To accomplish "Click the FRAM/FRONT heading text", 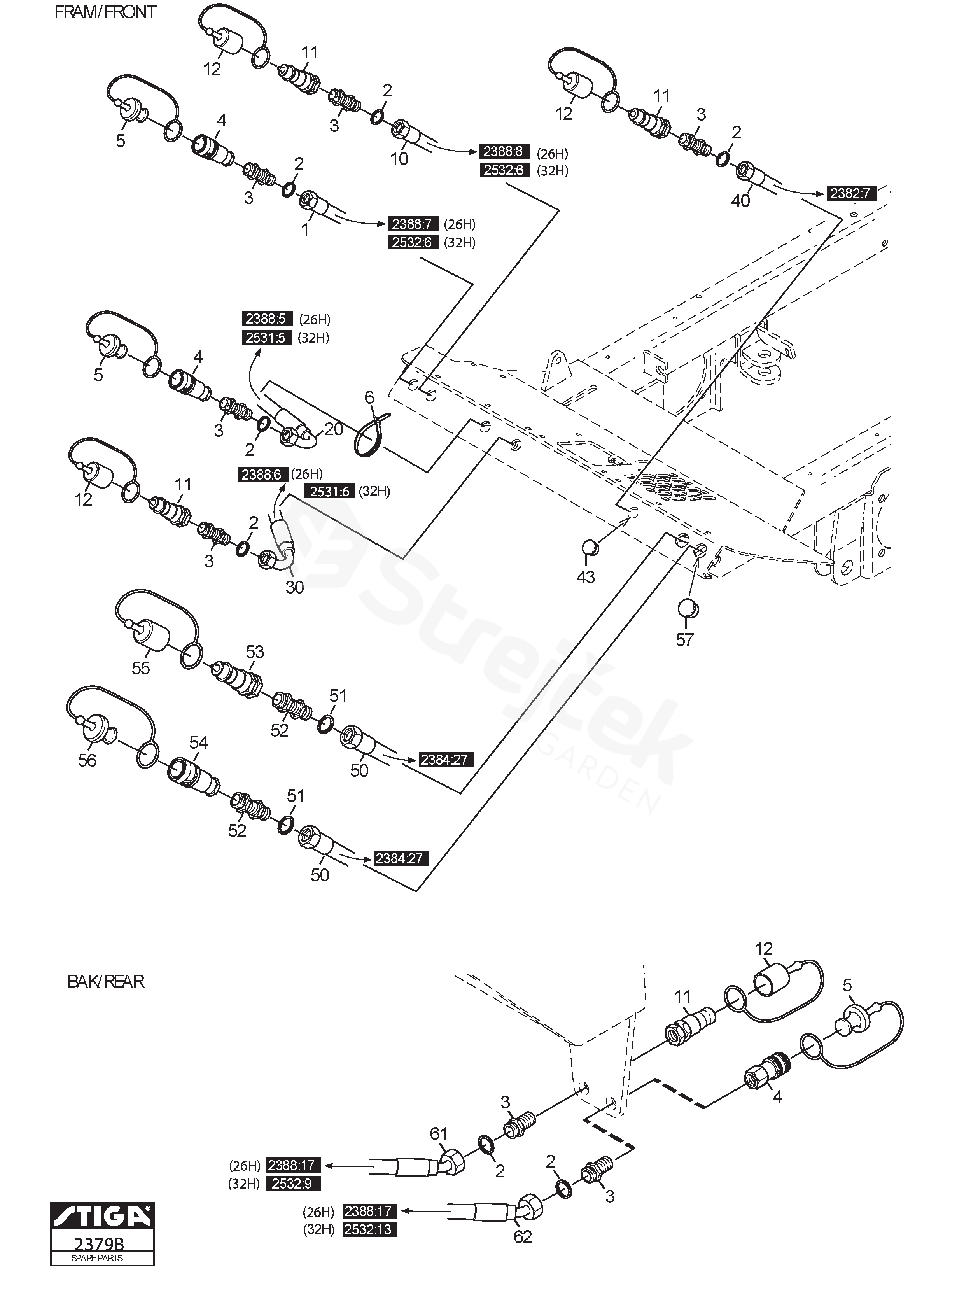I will pyautogui.click(x=105, y=12).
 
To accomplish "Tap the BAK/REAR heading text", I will pyautogui.click(x=106, y=981).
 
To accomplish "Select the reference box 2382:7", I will pyautogui.click(x=851, y=193).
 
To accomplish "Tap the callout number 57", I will pyautogui.click(x=684, y=640).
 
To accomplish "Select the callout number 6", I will pyautogui.click(x=369, y=398).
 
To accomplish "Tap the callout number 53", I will pyautogui.click(x=255, y=651).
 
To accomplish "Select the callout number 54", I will pyautogui.click(x=198, y=742).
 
